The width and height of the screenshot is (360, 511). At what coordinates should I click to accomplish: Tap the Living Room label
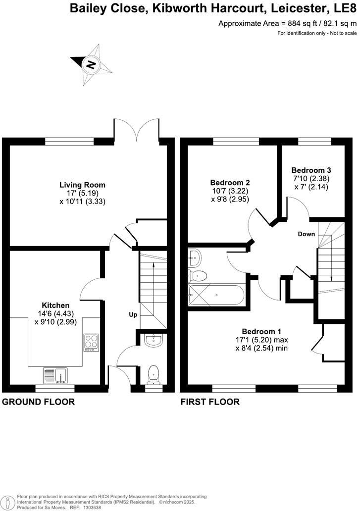pyautogui.click(x=83, y=185)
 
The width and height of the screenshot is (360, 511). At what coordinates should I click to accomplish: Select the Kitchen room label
pyautogui.click(x=55, y=305)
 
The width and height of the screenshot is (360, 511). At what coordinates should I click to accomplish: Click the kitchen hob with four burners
pyautogui.click(x=92, y=342)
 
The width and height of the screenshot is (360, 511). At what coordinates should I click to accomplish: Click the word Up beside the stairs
pyautogui.click(x=133, y=314)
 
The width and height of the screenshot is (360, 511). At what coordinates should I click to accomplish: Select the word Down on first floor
pyautogui.click(x=307, y=234)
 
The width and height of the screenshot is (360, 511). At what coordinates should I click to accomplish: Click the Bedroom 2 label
pyautogui.click(x=229, y=182)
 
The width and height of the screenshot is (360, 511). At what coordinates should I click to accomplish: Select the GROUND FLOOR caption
pyautogui.click(x=39, y=402)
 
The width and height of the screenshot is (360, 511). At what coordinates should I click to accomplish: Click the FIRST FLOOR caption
pyautogui.click(x=210, y=402)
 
